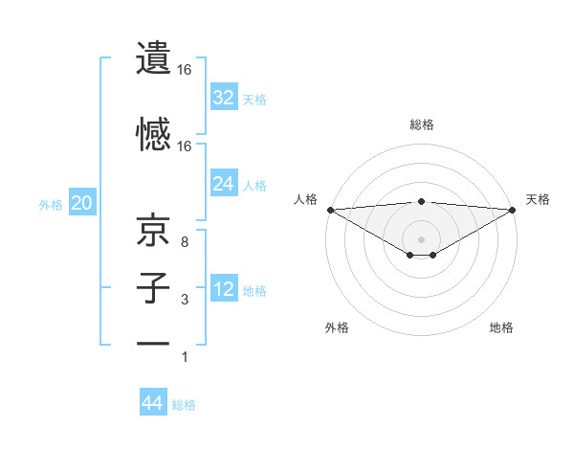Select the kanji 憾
(153, 134)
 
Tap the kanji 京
(153, 230)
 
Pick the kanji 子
(153, 287)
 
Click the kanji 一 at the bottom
(153, 343)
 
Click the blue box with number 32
(223, 98)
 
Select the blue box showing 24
(223, 184)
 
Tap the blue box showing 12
(223, 289)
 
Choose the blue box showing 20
(81, 203)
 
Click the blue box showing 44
(153, 403)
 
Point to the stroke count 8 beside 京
(184, 242)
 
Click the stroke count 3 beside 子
(184, 301)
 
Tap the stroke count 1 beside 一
(184, 357)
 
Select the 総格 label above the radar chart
(421, 124)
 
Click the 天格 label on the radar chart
(538, 199)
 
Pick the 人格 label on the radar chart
(305, 199)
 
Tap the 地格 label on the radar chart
(501, 327)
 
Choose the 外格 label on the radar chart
(337, 327)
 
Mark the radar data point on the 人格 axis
(330, 209)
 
